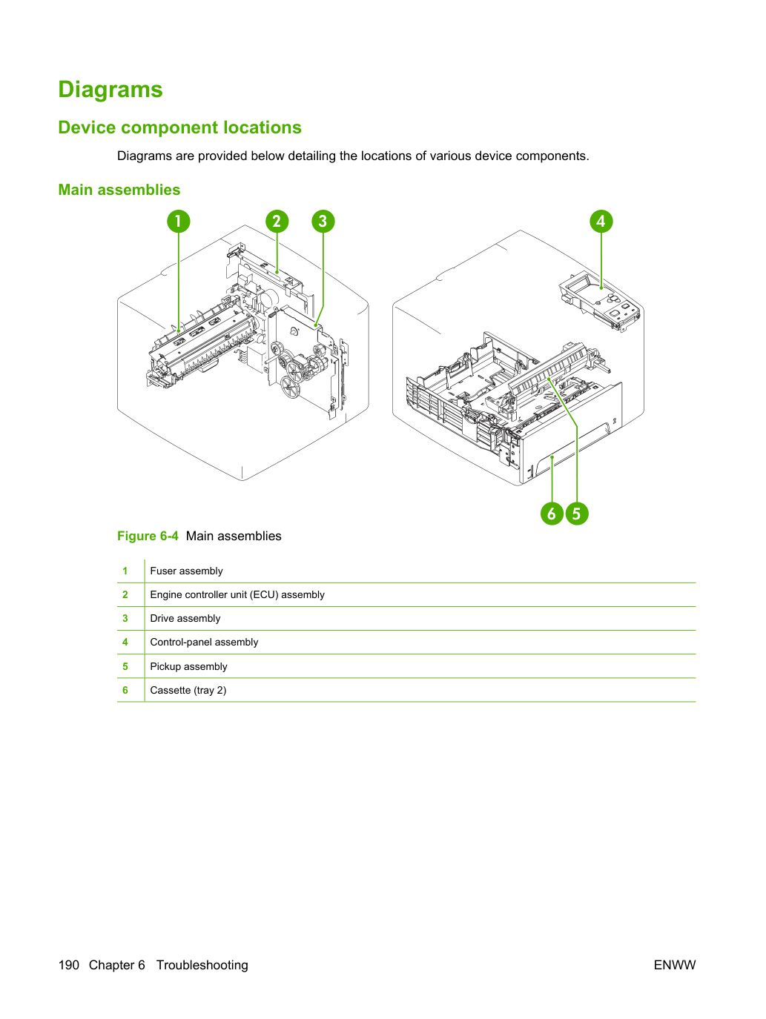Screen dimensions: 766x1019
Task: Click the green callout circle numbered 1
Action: point(179,221)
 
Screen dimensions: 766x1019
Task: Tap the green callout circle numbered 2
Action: point(277,221)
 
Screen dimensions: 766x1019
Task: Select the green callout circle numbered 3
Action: point(323,221)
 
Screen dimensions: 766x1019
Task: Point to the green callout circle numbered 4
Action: point(601,221)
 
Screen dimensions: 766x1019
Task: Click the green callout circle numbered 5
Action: point(577,514)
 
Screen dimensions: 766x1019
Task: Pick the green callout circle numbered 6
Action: point(552,514)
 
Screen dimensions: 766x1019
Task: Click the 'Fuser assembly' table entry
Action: point(186,571)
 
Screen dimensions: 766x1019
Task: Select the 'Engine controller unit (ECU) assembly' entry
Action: point(237,594)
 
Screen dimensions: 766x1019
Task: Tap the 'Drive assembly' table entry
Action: point(185,618)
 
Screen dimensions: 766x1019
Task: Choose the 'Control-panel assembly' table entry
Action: point(204,642)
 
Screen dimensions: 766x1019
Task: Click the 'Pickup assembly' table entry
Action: point(188,666)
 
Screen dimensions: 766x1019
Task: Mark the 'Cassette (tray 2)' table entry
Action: point(188,690)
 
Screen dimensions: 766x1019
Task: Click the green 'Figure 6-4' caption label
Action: point(148,536)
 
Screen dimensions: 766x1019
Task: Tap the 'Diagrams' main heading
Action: point(110,89)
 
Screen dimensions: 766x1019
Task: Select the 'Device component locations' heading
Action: point(179,127)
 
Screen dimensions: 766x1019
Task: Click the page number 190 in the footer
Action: point(69,965)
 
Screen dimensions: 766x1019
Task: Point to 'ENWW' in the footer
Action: point(675,965)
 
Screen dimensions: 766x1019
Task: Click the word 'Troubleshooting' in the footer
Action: point(202,965)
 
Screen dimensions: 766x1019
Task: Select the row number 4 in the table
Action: point(125,642)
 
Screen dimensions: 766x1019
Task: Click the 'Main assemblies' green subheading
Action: point(119,190)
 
